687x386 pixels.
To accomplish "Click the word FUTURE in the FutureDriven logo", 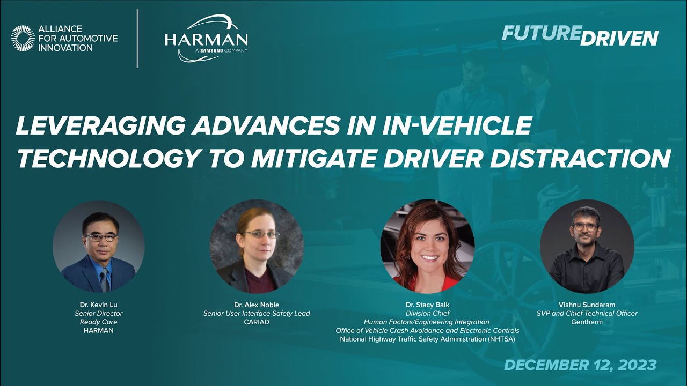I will pos(541,34).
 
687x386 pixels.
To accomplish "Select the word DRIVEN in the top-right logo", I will pos(620,38).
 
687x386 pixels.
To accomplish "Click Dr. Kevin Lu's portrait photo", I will pos(99,247).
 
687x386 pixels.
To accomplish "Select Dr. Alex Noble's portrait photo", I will pos(257,247).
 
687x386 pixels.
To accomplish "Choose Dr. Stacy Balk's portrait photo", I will pos(427,247).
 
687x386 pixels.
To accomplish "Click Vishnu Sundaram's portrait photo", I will pos(587,247).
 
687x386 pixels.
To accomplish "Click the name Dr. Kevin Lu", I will pos(99,305).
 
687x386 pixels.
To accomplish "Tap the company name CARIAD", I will pos(257,322).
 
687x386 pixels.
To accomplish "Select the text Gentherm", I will pos(587,322).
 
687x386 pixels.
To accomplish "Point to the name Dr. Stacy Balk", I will pos(427,305).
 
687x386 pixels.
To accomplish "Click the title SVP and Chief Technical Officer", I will pos(587,313).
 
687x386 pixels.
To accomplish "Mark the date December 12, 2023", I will pos(580,365).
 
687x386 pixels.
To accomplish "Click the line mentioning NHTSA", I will pos(427,339).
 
